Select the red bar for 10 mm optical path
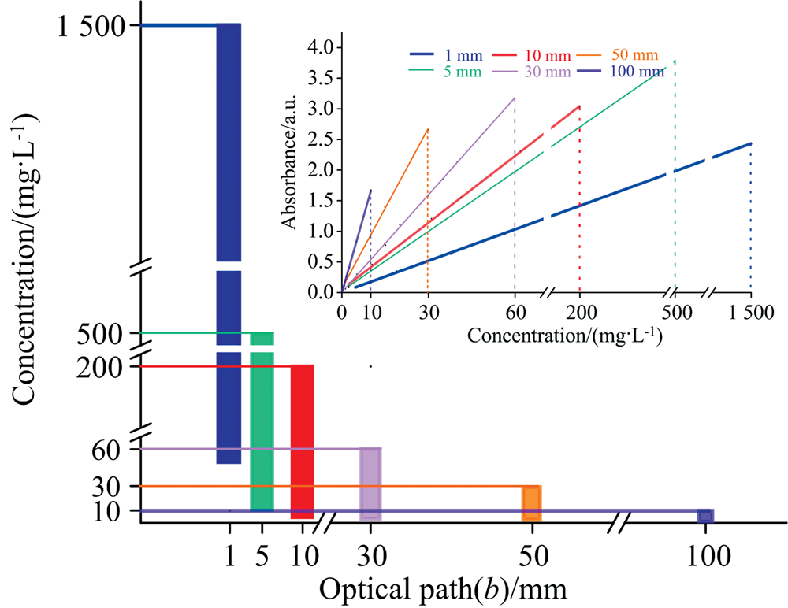click(303, 441)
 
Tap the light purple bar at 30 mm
click(370, 484)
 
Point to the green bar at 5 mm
click(262, 425)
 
